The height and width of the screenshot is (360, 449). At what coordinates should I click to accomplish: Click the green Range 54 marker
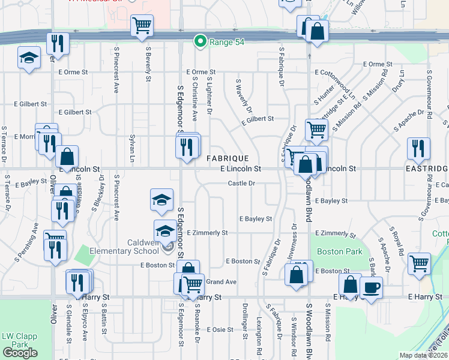pyautogui.click(x=199, y=41)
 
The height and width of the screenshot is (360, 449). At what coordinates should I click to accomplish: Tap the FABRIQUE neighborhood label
pyautogui.click(x=228, y=158)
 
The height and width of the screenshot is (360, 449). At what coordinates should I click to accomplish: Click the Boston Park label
pyautogui.click(x=332, y=252)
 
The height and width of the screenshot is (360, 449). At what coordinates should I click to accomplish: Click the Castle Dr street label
pyautogui.click(x=242, y=183)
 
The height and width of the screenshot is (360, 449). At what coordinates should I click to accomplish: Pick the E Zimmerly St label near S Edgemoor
pyautogui.click(x=207, y=232)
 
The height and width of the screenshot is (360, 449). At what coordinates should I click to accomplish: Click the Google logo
pyautogui.click(x=20, y=353)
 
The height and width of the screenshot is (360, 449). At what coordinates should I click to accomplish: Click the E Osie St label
pyautogui.click(x=220, y=329)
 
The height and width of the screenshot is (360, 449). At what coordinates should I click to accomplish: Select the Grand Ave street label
pyautogui.click(x=221, y=281)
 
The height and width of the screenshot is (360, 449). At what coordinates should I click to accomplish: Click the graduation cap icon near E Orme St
pyautogui.click(x=28, y=58)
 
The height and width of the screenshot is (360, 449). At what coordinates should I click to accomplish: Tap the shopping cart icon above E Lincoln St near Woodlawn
pyautogui.click(x=316, y=128)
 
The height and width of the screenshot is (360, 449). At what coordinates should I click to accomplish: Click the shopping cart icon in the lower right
pyautogui.click(x=419, y=263)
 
